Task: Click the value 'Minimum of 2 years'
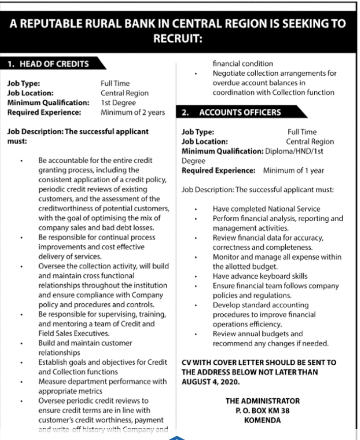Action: click(133, 112)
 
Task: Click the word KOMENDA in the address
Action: click(262, 420)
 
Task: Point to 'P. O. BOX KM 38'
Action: click(262, 410)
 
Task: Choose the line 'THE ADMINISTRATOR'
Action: click(262, 400)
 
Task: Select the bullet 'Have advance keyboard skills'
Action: click(260, 276)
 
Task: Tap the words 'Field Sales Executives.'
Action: click(74, 333)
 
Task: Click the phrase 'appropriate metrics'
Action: click(70, 391)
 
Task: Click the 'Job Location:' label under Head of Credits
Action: click(30, 93)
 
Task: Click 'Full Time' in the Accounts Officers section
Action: click(302, 132)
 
